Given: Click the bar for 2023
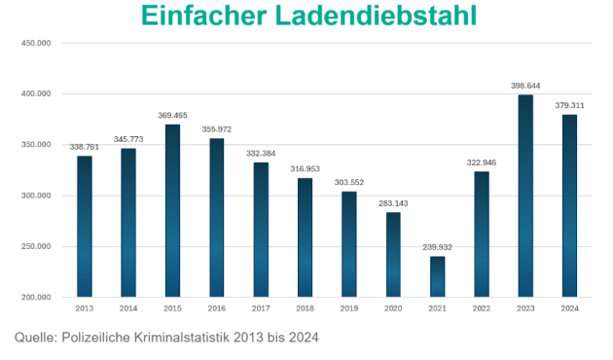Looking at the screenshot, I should coord(525,196).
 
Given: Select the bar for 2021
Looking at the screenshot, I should coord(438,276).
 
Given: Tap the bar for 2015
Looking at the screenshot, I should coord(172,210).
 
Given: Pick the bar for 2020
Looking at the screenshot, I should coord(393,254).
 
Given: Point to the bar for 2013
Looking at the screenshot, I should coord(85,226).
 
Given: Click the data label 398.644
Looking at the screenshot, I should coord(525,86).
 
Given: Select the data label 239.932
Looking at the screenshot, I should coord(438,247).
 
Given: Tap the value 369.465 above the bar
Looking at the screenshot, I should coord(172,115).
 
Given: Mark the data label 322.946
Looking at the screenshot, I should coord(482,162).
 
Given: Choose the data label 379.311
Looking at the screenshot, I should coord(569,105).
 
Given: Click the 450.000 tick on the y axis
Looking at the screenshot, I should coord(35,44).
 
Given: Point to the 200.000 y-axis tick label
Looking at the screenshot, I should coord(35,297).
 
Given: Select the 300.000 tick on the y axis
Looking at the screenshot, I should coord(35,196).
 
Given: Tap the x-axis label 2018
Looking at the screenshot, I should coord(305,307).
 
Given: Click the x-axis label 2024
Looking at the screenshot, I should coord(569,307).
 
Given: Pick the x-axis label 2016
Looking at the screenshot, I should coord(216,307).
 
